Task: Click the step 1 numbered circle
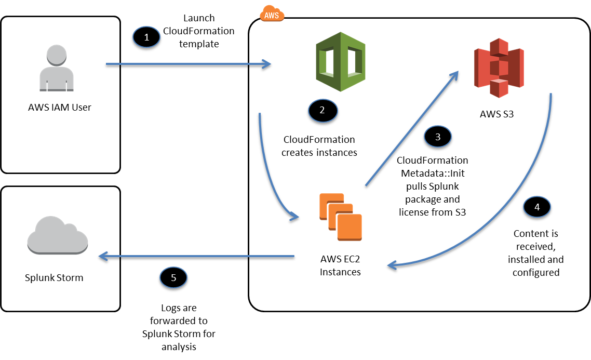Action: point(146,37)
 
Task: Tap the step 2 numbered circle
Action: point(322,110)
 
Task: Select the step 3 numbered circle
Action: point(438,137)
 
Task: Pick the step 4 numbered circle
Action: point(536,207)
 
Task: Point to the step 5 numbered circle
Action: point(173,277)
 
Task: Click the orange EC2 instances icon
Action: point(340,216)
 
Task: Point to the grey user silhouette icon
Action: point(58,68)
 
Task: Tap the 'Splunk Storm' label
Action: point(54,277)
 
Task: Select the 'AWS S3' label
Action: point(497,114)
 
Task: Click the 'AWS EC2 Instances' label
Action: point(340,266)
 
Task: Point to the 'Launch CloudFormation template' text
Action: point(198,31)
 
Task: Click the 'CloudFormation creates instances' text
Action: point(319,146)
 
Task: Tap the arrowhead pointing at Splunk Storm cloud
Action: point(101,256)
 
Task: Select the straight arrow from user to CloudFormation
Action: point(187,65)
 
